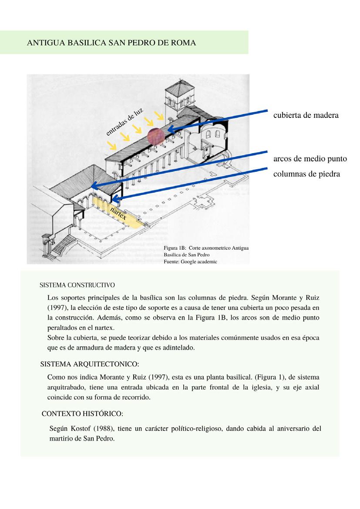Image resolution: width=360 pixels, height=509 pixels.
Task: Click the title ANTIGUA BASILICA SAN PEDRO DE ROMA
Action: coord(111,43)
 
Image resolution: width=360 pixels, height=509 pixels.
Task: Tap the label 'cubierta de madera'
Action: coord(306,115)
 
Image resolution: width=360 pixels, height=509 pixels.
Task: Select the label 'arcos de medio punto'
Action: coord(310,159)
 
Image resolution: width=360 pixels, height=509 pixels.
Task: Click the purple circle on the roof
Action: coord(156,136)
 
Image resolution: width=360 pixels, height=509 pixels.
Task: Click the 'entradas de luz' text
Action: coord(124,121)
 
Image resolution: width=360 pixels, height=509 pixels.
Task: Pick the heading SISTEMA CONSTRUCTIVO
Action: coord(77,285)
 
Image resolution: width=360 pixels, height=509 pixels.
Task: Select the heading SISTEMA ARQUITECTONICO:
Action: coord(90,363)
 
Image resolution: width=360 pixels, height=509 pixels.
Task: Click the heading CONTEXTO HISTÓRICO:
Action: coord(82,413)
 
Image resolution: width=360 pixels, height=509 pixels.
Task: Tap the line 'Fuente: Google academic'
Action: coord(190,261)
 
